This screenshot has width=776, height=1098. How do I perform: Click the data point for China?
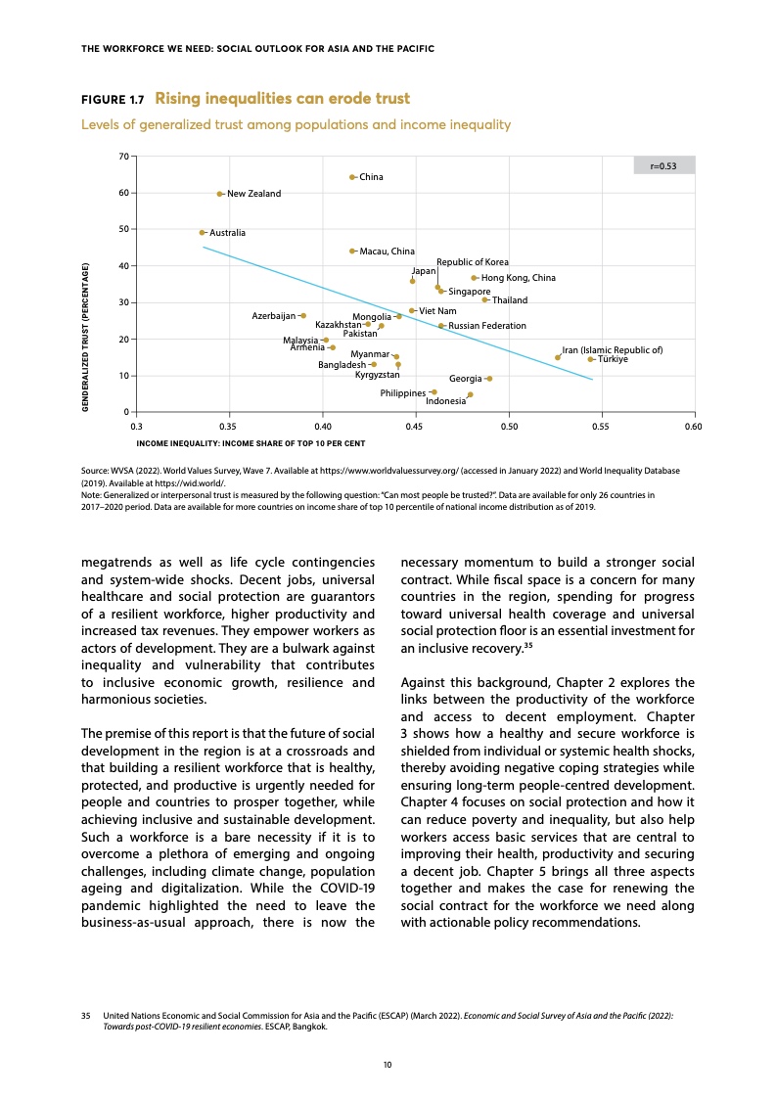coord(352,177)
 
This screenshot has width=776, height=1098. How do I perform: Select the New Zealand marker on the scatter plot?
coord(220,194)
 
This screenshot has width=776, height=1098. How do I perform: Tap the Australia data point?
coord(203,233)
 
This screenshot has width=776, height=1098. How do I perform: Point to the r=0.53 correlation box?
coord(664,165)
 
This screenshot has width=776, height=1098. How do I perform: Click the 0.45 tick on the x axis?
coord(416,428)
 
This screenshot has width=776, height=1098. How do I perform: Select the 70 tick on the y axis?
coord(123,157)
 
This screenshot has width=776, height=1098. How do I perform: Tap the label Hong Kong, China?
coord(519,279)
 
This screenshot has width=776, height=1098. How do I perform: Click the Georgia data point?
coord(488,379)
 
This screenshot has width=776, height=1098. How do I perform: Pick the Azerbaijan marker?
coord(303,316)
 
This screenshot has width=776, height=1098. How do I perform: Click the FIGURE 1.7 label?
coord(112,100)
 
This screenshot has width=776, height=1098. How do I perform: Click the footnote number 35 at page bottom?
coord(86,1019)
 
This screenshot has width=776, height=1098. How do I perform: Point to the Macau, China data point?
coord(352,252)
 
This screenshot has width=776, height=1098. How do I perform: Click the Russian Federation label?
coord(487,326)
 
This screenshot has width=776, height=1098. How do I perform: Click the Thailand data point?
coord(484,299)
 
